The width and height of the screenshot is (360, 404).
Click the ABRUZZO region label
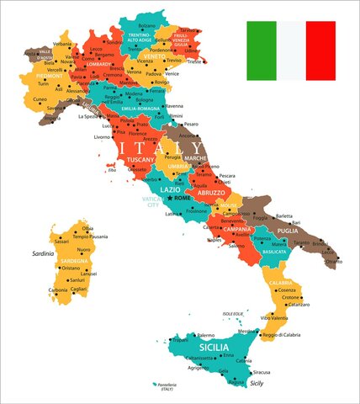click(211, 192)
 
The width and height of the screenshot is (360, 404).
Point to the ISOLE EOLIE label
click(233, 314)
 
